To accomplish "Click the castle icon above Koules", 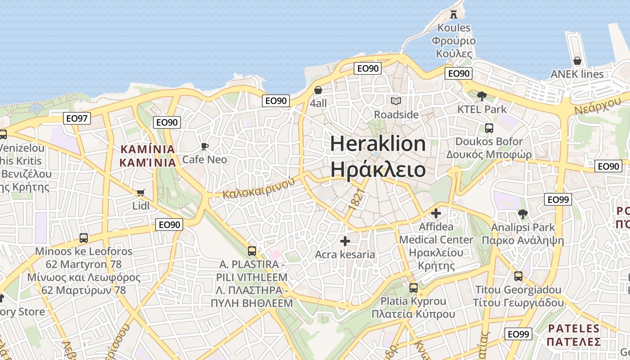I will pyautogui.click(x=453, y=14).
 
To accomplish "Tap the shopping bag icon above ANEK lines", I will pyautogui.click(x=577, y=61).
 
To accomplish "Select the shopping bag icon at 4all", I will pyautogui.click(x=318, y=90).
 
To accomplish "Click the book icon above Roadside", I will pyautogui.click(x=396, y=101).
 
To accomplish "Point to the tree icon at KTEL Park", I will pyautogui.click(x=481, y=96).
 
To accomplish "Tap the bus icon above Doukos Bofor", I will pyautogui.click(x=489, y=128).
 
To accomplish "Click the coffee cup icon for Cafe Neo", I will pyautogui.click(x=205, y=146).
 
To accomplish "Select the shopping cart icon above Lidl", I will pyautogui.click(x=140, y=193).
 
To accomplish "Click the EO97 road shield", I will pyautogui.click(x=77, y=118).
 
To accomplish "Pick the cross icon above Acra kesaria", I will pyautogui.click(x=345, y=241).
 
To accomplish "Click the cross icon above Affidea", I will pyautogui.click(x=436, y=213).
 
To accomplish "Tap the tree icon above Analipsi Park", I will pyautogui.click(x=522, y=214).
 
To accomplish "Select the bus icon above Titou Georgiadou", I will pyautogui.click(x=518, y=276).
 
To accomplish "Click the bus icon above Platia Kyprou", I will pyautogui.click(x=414, y=288).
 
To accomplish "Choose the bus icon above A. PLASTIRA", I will pyautogui.click(x=252, y=251).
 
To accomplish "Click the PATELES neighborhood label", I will pyautogui.click(x=574, y=328).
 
